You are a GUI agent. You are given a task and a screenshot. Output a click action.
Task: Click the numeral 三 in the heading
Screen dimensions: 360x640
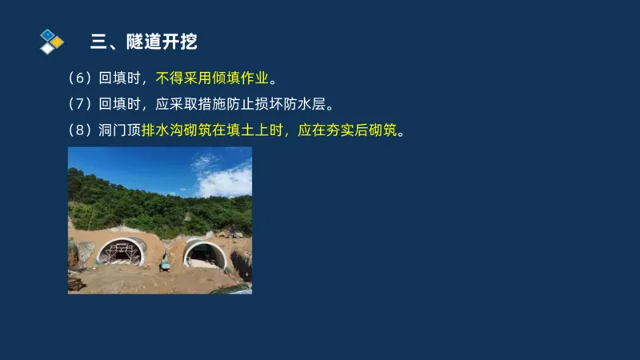[99, 42]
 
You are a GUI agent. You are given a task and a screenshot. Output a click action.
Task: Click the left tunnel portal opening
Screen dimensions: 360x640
[122, 254]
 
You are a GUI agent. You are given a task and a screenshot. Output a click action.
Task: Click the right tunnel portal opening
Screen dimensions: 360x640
[206, 255]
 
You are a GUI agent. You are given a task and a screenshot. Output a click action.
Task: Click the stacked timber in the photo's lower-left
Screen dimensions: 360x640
[76, 283]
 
